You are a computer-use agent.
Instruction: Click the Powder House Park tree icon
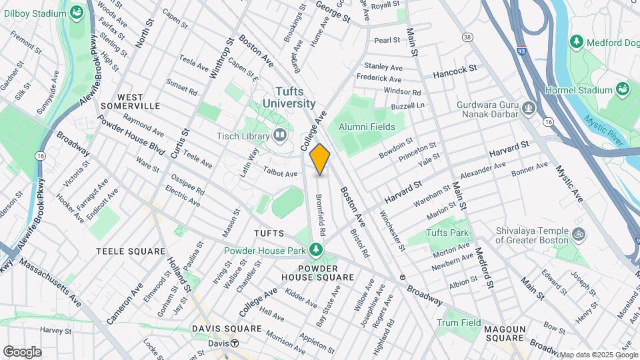[316, 251]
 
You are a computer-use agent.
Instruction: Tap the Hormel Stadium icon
[623, 89]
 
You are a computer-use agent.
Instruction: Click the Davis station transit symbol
[234, 343]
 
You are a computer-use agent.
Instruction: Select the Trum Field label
[459, 323]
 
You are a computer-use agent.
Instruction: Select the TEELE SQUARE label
[131, 251]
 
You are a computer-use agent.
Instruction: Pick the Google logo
[22, 351]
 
